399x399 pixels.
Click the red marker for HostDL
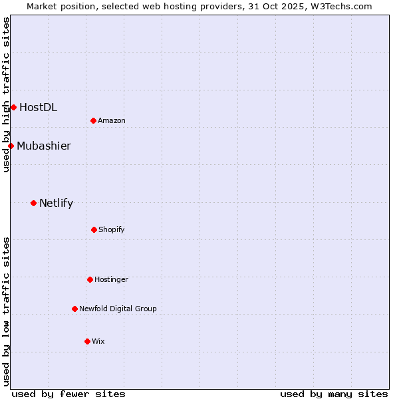[x=13, y=107]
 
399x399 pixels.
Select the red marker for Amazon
[x=94, y=120]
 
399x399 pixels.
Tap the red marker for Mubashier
[x=11, y=146]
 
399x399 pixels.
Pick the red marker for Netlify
[x=33, y=203]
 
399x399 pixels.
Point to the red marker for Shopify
[x=94, y=229]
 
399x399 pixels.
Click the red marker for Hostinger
[x=90, y=279]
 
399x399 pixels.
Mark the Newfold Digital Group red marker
[x=74, y=309]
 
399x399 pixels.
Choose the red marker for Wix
[x=87, y=341]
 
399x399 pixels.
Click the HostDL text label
[x=38, y=107]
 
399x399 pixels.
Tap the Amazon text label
[x=112, y=120]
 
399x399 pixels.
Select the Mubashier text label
[x=44, y=146]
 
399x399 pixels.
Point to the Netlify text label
[x=56, y=203]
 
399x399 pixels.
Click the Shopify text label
[x=112, y=229]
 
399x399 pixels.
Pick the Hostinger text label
[x=111, y=280]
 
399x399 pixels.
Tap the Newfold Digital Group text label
[x=118, y=309]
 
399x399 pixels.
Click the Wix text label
[x=98, y=341]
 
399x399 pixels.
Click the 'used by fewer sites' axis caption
[x=68, y=394]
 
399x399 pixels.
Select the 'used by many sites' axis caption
[x=334, y=394]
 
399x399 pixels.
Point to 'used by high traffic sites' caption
[x=6, y=94]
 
